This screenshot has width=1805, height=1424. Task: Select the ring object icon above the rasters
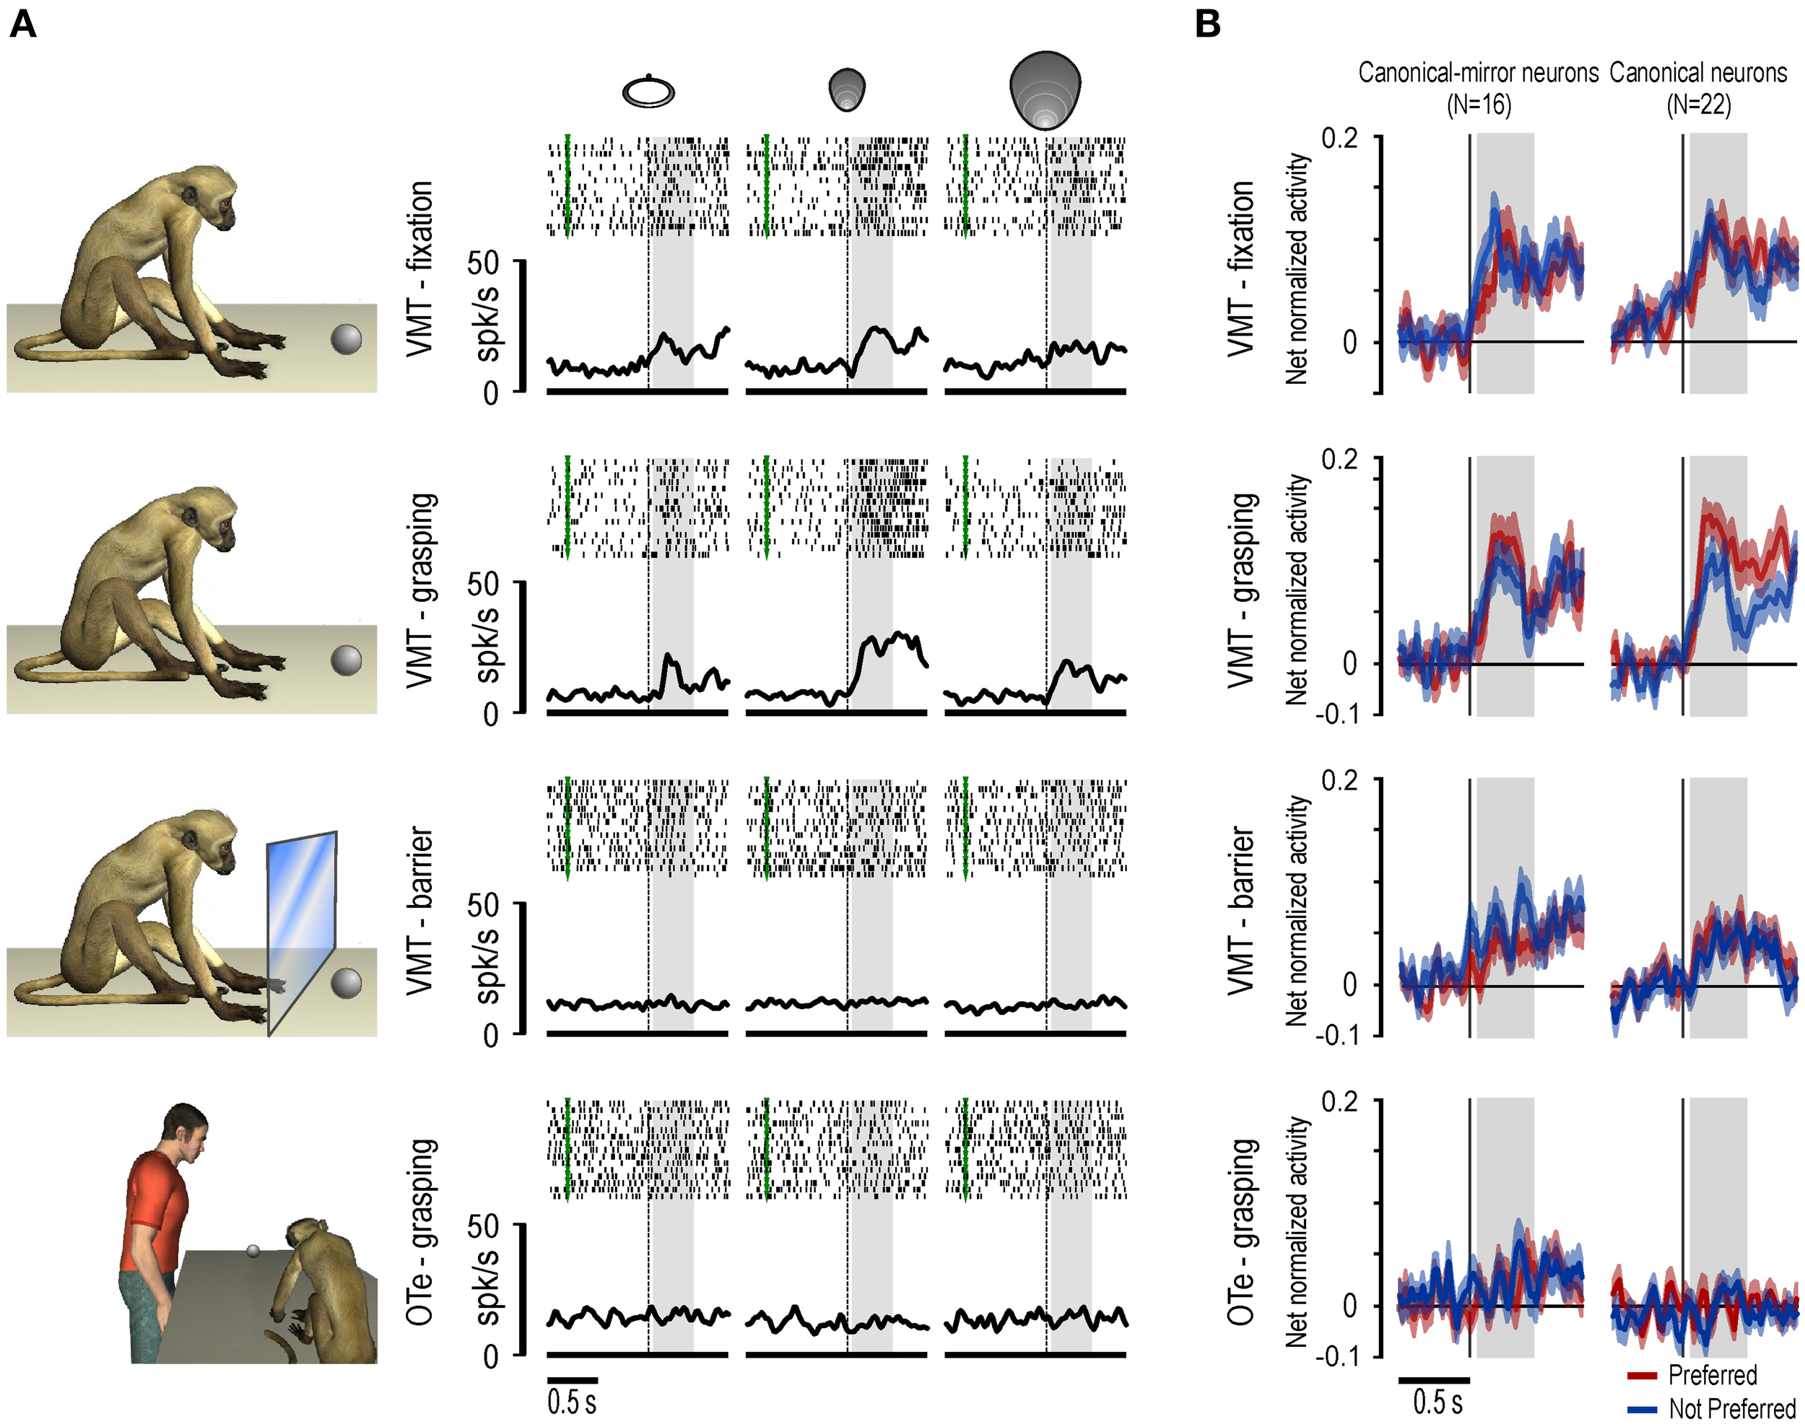tap(648, 92)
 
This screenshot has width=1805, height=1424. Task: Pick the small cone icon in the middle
tap(847, 90)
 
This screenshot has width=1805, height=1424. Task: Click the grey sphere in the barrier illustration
tap(346, 983)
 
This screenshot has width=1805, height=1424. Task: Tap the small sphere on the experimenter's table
tap(253, 1251)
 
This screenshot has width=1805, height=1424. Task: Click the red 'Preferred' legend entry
tap(1712, 1375)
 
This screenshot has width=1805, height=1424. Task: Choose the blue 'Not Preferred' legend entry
tap(1731, 1408)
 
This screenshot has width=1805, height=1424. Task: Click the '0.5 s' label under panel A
tap(573, 1402)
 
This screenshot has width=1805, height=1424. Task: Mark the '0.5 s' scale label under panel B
tap(1438, 1402)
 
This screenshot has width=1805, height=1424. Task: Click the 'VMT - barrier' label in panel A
tap(420, 910)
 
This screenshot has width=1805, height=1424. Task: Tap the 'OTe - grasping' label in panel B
tap(1240, 1231)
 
